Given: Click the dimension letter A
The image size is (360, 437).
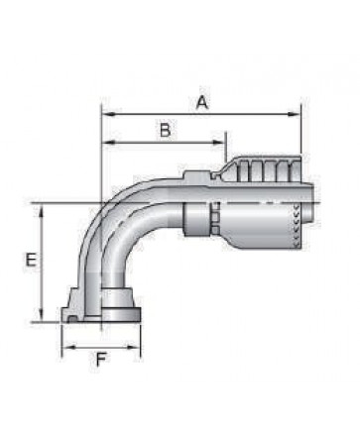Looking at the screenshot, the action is pyautogui.click(x=202, y=102).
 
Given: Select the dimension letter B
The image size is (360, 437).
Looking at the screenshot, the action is pyautogui.click(x=166, y=130).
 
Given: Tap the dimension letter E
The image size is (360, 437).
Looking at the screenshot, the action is pyautogui.click(x=31, y=260).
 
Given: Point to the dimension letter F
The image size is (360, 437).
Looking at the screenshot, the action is pyautogui.click(x=100, y=360).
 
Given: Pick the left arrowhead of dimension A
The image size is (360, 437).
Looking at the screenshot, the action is pyautogui.click(x=108, y=114).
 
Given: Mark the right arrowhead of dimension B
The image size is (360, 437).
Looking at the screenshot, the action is pyautogui.click(x=218, y=143).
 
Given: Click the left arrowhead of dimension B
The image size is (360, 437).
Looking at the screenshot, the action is pyautogui.click(x=108, y=143).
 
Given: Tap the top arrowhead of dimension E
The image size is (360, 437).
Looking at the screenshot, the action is pyautogui.click(x=41, y=210).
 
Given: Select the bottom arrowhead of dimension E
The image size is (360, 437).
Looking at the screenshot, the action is pyautogui.click(x=41, y=314).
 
